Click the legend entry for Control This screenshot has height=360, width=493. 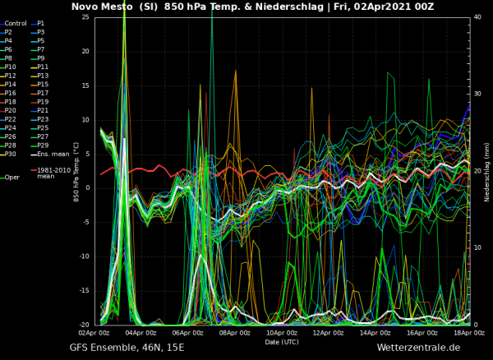pos(16,23)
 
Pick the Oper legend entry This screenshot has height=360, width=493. pos(12,177)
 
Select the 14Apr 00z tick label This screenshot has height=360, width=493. pos(375,333)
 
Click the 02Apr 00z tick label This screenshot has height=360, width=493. pos(94,333)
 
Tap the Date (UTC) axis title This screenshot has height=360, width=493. pos(282,341)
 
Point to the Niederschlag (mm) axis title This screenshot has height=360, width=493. pos(486,171)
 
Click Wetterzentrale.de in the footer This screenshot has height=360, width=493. pos(418,348)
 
